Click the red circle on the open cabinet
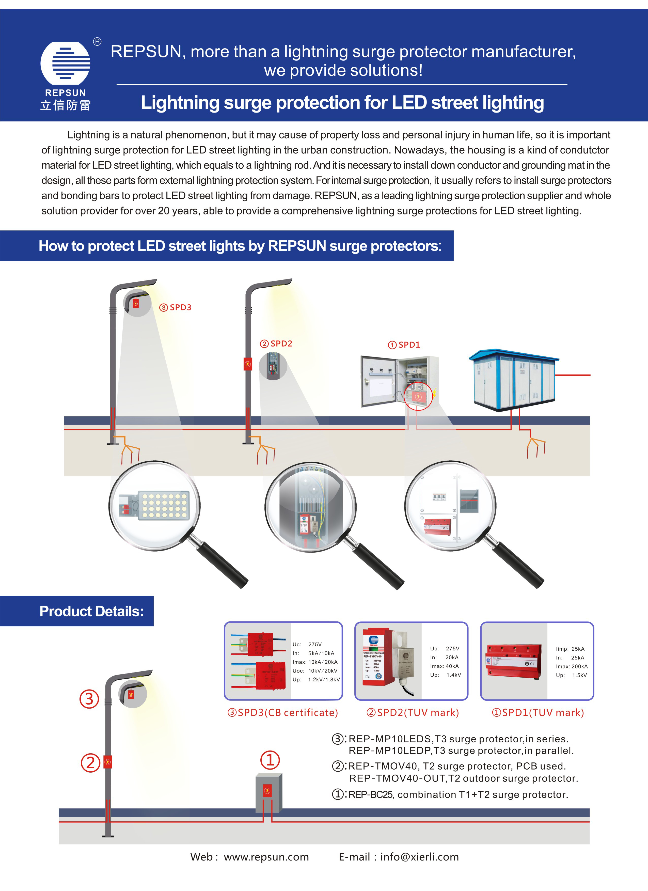pyautogui.click(x=418, y=396)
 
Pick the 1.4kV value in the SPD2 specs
pyautogui.click(x=454, y=675)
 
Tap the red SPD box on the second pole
pyautogui.click(x=248, y=364)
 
